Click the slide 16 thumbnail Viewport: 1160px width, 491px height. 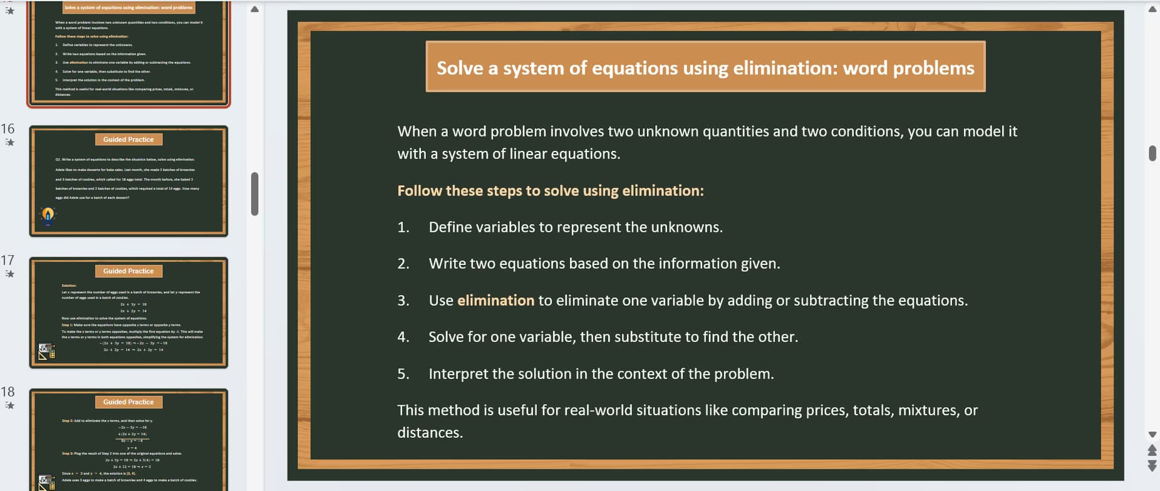coord(128,181)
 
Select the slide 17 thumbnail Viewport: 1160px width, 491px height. coord(128,313)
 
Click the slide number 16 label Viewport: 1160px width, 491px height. coord(8,129)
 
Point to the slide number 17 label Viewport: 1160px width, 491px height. coord(8,261)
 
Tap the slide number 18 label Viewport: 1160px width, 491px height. coord(8,392)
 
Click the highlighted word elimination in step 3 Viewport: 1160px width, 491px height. coord(495,301)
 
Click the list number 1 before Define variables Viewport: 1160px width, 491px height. coord(403,227)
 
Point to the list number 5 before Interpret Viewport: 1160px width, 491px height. coord(403,374)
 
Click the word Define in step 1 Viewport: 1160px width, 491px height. coord(450,227)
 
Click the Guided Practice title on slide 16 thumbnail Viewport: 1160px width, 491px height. coord(128,140)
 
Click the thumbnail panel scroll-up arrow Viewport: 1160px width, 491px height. coord(254,9)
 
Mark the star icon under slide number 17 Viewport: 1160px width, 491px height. coord(9,274)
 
